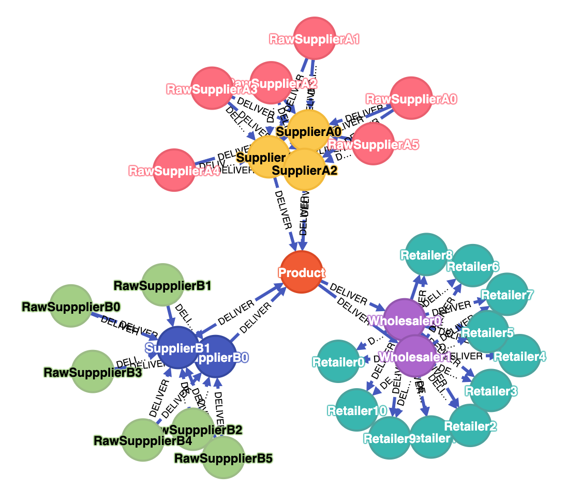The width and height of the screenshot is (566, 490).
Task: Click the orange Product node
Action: [x=302, y=272]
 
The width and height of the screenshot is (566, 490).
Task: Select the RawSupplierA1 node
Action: [x=315, y=39]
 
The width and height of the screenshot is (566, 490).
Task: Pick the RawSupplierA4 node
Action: [x=174, y=170]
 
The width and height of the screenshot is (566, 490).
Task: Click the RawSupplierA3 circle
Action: [x=212, y=88]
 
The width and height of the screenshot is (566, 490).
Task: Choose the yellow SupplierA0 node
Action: [x=308, y=131]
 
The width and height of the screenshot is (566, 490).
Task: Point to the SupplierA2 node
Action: [x=305, y=170]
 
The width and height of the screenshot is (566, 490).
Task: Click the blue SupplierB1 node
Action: [x=177, y=347]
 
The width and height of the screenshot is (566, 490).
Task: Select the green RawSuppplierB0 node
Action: [x=71, y=307]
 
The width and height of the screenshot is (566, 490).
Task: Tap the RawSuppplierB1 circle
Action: [x=162, y=285]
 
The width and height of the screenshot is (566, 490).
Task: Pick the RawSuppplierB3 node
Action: [x=93, y=372]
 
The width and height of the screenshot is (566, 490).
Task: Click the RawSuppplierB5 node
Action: [x=223, y=457]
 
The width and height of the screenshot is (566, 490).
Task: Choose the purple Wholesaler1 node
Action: [x=415, y=356]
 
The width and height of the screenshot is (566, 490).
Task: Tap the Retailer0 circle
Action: [x=338, y=362]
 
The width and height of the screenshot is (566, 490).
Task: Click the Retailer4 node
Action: [x=519, y=356]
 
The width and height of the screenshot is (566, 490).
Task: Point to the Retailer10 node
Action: [x=357, y=410]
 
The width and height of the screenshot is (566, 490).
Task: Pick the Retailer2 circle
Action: [x=470, y=426]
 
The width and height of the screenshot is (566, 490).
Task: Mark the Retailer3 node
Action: [x=490, y=391]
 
